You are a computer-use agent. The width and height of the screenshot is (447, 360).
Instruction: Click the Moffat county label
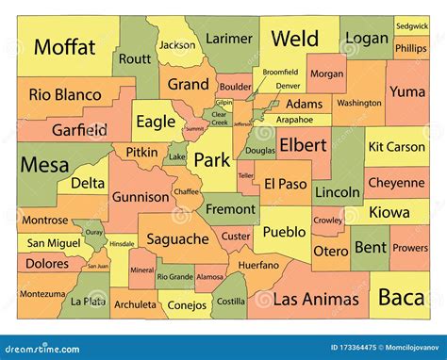point(64,46)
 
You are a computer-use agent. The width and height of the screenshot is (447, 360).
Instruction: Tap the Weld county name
point(295,39)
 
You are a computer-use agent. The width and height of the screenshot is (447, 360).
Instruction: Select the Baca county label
point(402,298)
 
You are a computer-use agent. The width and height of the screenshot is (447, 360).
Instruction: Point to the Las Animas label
point(317,300)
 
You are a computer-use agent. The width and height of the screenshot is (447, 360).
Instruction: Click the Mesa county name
point(44,165)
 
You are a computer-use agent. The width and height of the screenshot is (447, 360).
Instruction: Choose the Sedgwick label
point(411,26)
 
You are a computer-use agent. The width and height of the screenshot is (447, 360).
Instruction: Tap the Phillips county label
point(411,48)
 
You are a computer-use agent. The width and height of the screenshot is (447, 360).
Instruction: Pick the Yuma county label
point(408,92)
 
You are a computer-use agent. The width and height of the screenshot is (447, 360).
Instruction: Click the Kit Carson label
point(396,147)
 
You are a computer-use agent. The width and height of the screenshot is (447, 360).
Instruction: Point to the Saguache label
point(176,239)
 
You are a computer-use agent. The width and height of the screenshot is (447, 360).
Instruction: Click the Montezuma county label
point(41,293)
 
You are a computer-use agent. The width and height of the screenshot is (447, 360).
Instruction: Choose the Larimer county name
point(229,39)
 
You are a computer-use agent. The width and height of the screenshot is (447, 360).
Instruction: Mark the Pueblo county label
point(284,232)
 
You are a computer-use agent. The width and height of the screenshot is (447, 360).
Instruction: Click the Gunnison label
point(140,198)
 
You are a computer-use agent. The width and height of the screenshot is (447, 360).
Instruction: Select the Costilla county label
point(229,302)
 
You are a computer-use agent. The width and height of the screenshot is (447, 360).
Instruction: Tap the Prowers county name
point(409,248)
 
